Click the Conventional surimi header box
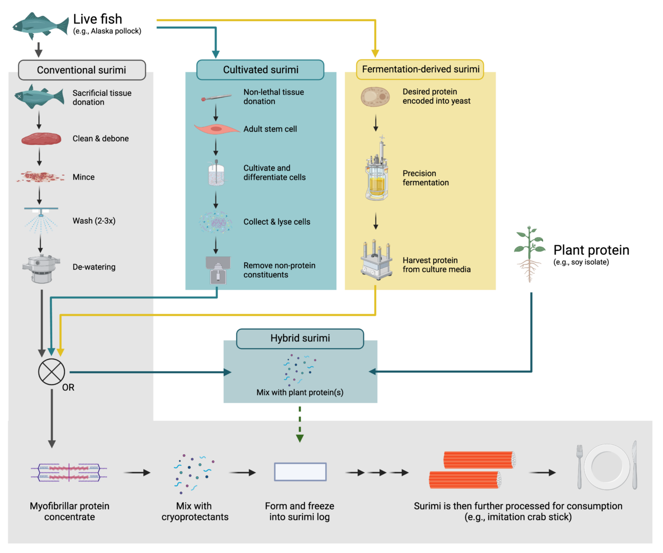click(82, 70)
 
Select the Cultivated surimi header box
click(260, 70)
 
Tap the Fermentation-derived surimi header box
click(420, 69)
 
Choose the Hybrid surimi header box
click(300, 338)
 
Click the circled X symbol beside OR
click(52, 372)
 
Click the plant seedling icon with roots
click(529, 253)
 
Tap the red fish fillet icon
click(41, 139)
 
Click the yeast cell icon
click(375, 96)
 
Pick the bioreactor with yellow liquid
click(377, 175)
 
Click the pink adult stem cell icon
click(217, 129)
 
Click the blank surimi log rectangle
click(300, 472)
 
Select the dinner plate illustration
click(607, 467)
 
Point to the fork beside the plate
click(580, 466)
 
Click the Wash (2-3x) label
click(94, 221)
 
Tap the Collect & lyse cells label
click(277, 222)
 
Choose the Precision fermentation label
click(426, 178)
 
